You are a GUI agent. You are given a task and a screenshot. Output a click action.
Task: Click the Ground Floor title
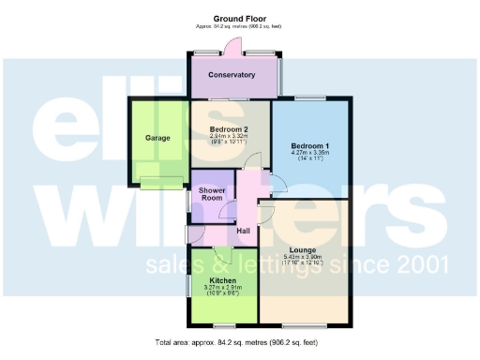coord(239,19)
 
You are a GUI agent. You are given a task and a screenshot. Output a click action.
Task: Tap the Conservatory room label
coord(232,74)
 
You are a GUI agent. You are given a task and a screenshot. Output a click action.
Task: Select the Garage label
coord(157,138)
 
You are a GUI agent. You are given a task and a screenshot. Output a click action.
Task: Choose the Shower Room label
coord(210,194)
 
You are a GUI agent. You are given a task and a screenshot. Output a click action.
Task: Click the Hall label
coord(243,232)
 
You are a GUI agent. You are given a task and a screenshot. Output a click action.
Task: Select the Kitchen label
coord(222,280)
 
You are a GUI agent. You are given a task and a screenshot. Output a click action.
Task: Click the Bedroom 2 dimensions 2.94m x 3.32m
coord(230,137)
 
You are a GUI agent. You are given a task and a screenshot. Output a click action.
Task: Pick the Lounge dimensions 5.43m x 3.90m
coord(302,258)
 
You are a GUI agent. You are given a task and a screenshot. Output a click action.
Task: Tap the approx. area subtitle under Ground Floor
coord(239,27)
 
